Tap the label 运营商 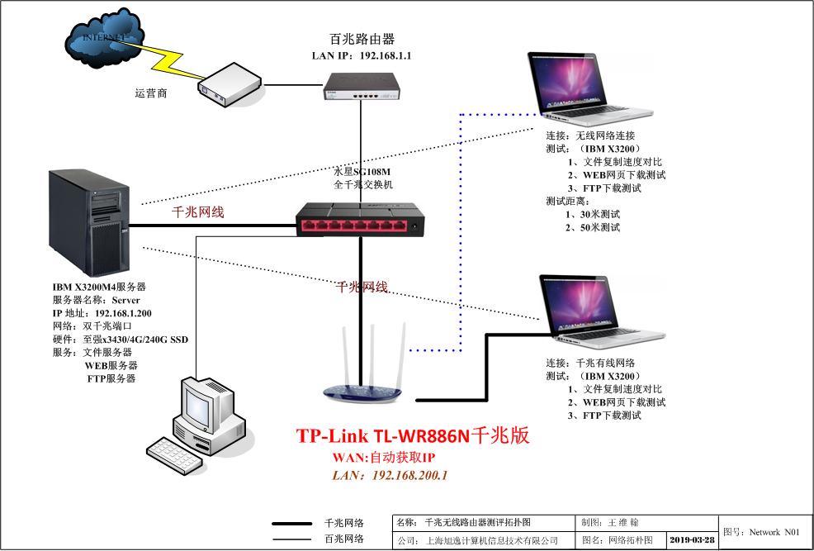tap(151, 93)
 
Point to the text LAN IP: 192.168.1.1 tap(361, 55)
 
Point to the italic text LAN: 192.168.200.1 tap(390, 475)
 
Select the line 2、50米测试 tap(593, 227)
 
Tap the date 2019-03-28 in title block tap(691, 539)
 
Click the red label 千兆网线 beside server tap(197, 211)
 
